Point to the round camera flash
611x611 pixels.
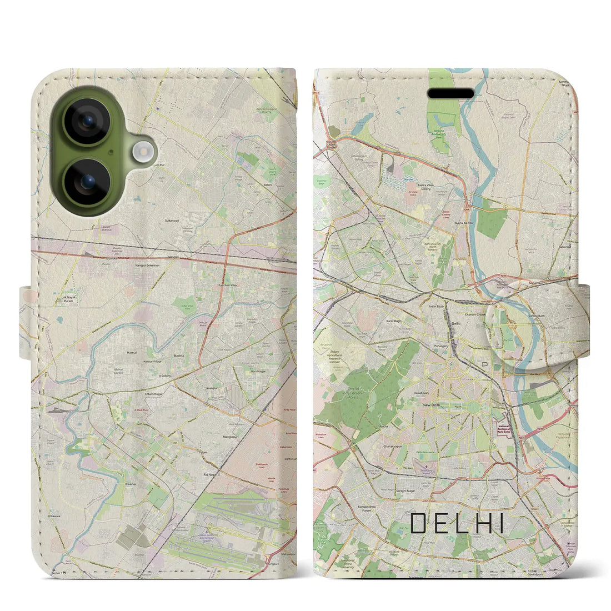(x=143, y=151)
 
